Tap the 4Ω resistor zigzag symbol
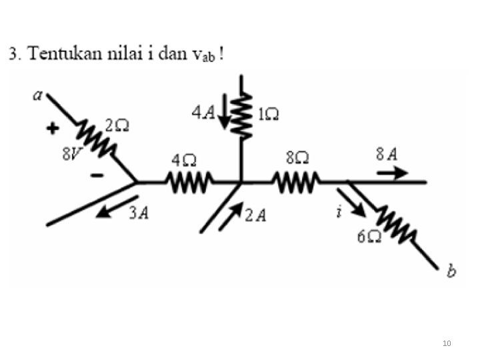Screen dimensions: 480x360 click(x=189, y=181)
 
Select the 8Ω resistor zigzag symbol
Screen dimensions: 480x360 click(x=295, y=181)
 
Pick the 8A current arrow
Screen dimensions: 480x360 click(x=392, y=173)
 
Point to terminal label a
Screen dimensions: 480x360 click(x=37, y=95)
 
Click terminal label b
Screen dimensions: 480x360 click(x=451, y=271)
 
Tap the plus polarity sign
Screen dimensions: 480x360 click(x=53, y=129)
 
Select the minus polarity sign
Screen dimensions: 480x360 click(x=97, y=176)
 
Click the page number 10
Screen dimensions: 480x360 click(x=447, y=343)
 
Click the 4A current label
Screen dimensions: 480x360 click(x=203, y=113)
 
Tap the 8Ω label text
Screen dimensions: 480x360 click(x=297, y=159)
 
